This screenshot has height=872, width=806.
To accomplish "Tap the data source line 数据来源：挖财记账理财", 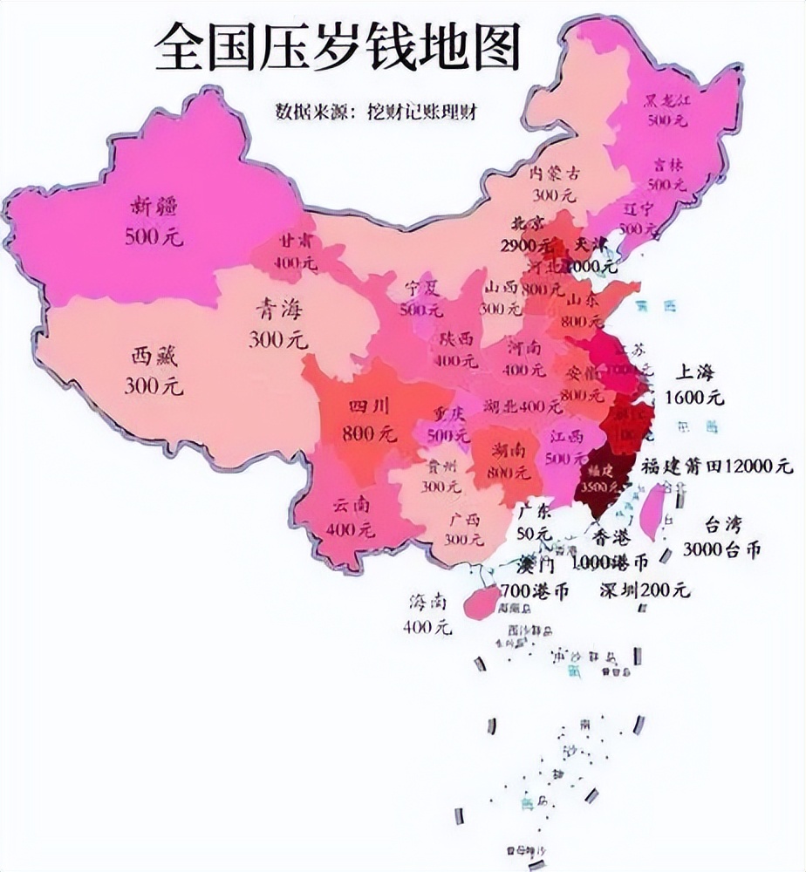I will pyautogui.click(x=379, y=112).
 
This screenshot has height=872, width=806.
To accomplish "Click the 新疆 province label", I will pyautogui.click(x=153, y=207).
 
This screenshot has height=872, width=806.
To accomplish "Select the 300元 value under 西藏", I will pyautogui.click(x=153, y=385).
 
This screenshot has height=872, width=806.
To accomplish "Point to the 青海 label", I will pyautogui.click(x=279, y=310).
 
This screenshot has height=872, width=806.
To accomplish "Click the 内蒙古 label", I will pyautogui.click(x=556, y=173).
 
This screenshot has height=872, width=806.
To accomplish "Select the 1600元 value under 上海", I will pyautogui.click(x=694, y=398).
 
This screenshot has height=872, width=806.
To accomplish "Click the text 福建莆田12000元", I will pyautogui.click(x=717, y=467).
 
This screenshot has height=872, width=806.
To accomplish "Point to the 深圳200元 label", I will pyautogui.click(x=644, y=590).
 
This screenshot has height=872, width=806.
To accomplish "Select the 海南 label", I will pyautogui.click(x=428, y=603).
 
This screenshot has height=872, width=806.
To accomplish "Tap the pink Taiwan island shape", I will pyautogui.click(x=652, y=513).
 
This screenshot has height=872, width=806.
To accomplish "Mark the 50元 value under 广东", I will pyautogui.click(x=533, y=532).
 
